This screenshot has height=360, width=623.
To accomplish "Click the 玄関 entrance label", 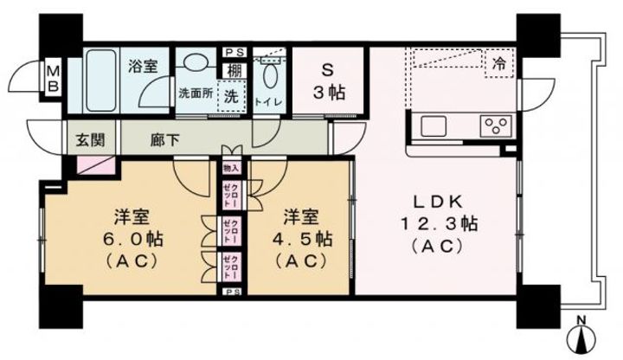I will click(83, 138).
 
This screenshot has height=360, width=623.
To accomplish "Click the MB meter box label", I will click(51, 77).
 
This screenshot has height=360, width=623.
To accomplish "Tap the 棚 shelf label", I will click(233, 70).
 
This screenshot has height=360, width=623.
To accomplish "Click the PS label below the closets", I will click(231, 293).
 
